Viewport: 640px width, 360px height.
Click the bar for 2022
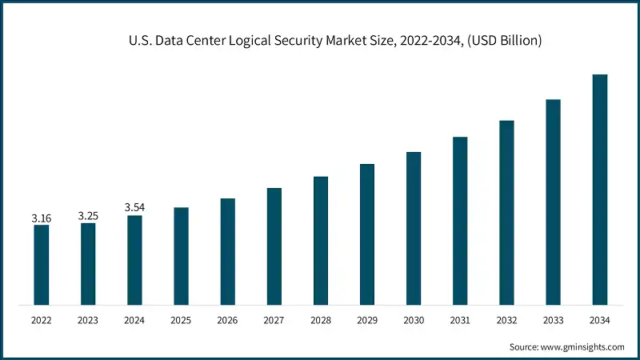coord(42,265)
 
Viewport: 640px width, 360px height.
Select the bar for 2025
coord(181,256)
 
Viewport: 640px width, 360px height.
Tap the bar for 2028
coord(320,241)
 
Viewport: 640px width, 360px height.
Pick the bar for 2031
coord(459,221)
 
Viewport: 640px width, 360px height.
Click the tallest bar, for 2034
coord(599,190)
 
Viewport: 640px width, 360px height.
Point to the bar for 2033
coord(553,202)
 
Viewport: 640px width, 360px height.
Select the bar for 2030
coord(413,228)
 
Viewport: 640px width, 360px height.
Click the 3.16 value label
coord(42,218)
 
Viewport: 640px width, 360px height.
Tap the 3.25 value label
coord(88,216)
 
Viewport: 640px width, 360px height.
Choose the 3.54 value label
coord(134,208)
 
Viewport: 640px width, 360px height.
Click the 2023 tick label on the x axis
coord(88,321)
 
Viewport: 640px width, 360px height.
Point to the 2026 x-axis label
coord(227,321)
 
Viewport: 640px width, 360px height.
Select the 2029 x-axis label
coord(366,321)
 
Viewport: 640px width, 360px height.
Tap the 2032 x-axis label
coord(506,321)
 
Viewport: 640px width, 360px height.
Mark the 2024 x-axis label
coord(134,321)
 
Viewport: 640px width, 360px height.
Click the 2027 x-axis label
coord(274,321)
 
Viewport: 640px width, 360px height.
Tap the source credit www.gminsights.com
coord(583,346)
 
